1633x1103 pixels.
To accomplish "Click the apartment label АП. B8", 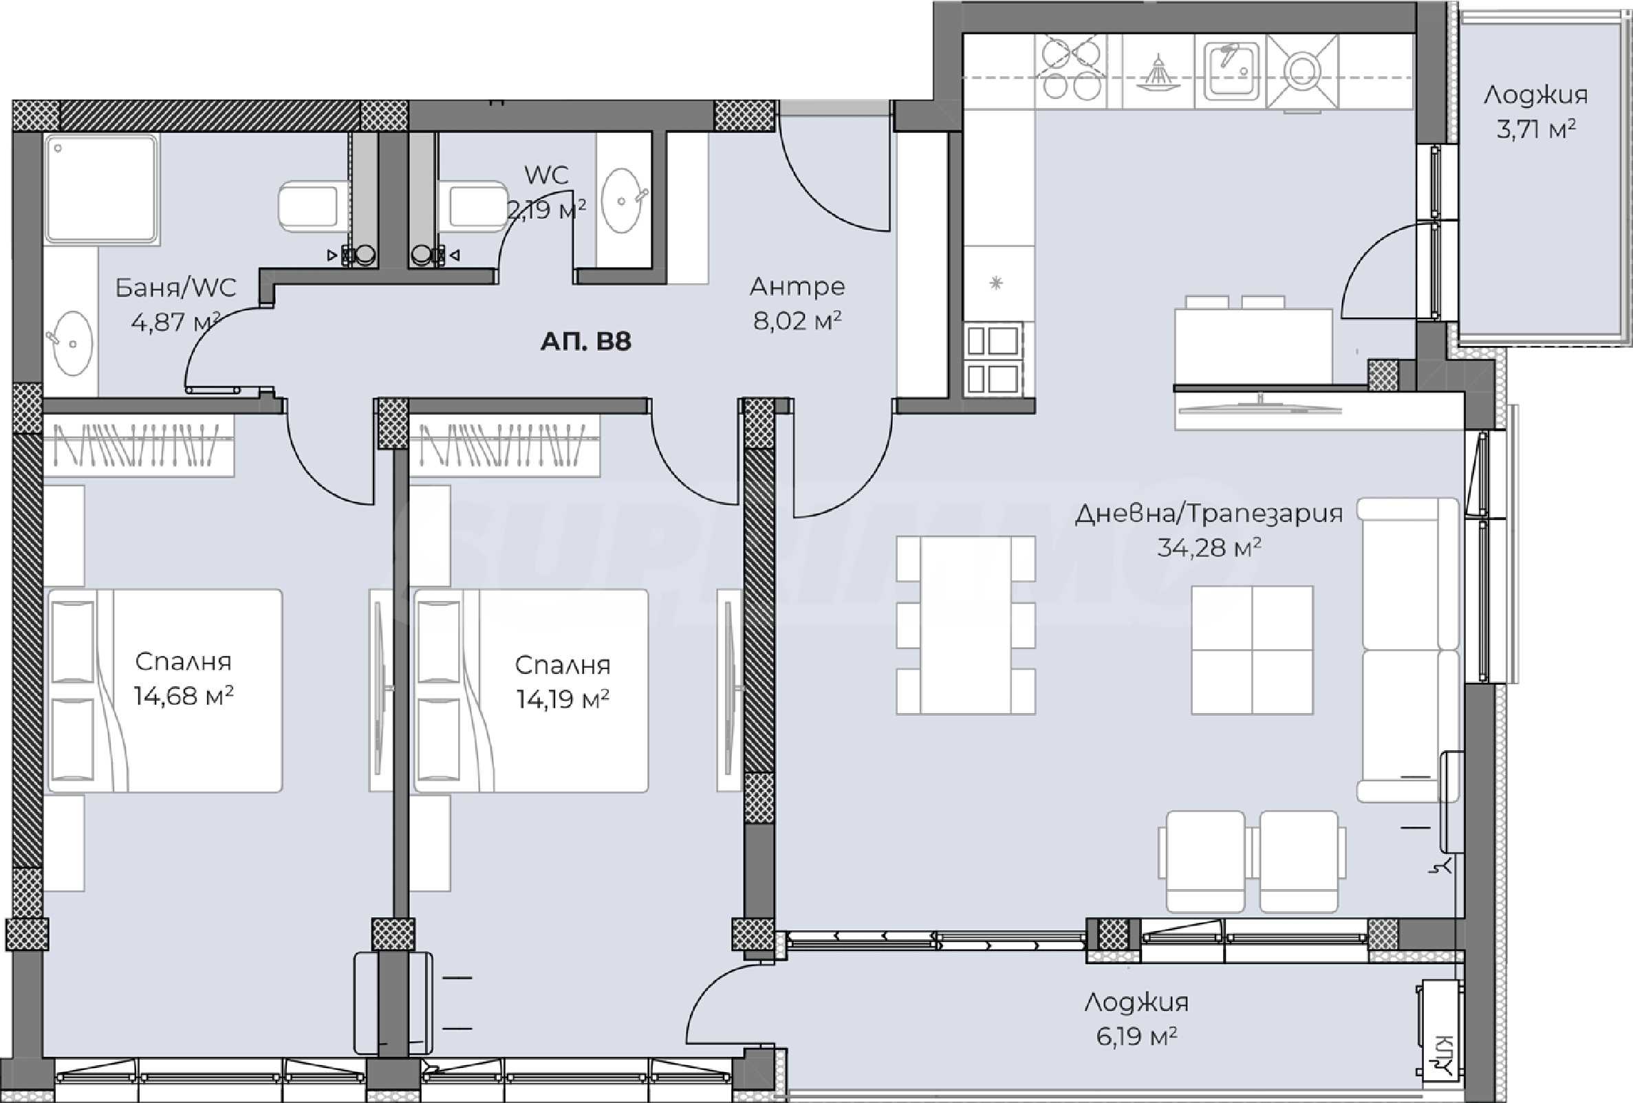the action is pyautogui.click(x=585, y=342).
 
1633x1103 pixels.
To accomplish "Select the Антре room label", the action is pyautogui.click(x=797, y=287).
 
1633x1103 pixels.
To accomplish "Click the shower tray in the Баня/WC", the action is pyautogui.click(x=102, y=190).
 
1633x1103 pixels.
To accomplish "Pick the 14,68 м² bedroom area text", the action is pyautogui.click(x=184, y=696).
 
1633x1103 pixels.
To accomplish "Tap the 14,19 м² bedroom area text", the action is pyautogui.click(x=562, y=699).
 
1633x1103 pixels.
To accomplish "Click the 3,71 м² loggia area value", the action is pyautogui.click(x=1535, y=129).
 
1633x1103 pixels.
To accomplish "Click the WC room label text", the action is pyautogui.click(x=546, y=175).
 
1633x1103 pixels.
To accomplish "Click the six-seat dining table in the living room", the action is pyautogui.click(x=966, y=625).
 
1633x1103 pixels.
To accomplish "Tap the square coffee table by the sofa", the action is pyautogui.click(x=1252, y=650).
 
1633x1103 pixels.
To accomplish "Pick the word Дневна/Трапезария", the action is pyautogui.click(x=1209, y=514).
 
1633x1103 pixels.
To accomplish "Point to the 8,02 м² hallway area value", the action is pyautogui.click(x=797, y=321).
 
